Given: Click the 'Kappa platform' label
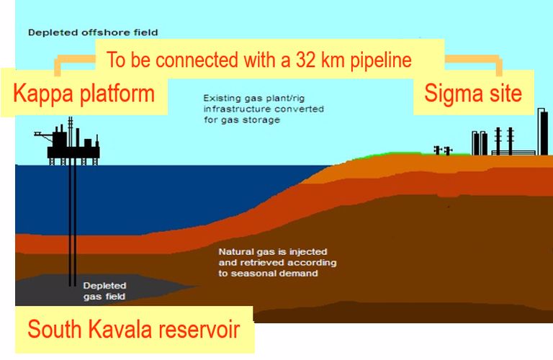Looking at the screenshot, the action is (84, 94).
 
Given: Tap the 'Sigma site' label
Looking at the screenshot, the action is (473, 94).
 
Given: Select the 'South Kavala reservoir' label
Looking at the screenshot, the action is (134, 329).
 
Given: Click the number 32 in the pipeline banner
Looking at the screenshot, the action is (306, 60).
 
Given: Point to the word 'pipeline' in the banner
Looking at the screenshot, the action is (381, 60).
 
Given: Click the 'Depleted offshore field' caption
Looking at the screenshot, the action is (93, 33).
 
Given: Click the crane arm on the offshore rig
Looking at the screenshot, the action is (42, 134).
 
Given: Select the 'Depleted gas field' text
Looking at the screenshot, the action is (104, 291).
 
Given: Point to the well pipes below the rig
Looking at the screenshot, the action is (72, 225).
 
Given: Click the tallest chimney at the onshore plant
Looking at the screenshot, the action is (543, 132).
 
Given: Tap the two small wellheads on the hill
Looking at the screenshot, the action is (443, 150).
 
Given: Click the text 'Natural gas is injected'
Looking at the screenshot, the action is (273, 252).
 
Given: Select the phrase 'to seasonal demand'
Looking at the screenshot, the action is (268, 274).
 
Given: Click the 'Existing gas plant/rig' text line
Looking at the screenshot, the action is (253, 98).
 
